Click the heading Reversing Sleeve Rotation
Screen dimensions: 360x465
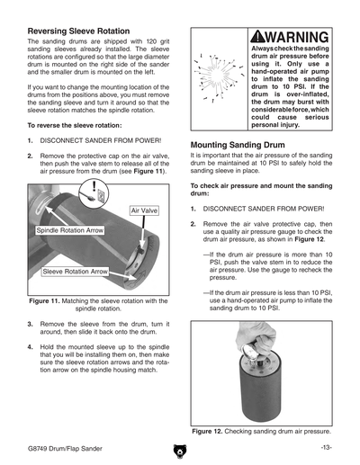[x=78, y=31]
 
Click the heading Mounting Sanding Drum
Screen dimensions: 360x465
[x=238, y=145]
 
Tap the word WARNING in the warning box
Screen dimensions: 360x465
[x=297, y=37]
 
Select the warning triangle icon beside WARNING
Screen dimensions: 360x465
[x=257, y=37]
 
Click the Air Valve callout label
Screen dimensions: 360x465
[x=144, y=210]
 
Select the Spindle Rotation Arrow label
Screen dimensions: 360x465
[x=70, y=230]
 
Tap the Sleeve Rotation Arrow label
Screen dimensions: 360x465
[x=75, y=272]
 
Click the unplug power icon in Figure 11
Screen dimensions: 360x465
[x=94, y=193]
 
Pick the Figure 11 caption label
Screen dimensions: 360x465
[x=44, y=301]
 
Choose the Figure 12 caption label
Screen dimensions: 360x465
[x=207, y=432]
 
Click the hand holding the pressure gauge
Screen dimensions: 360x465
[x=256, y=338]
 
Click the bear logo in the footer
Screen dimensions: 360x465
[x=180, y=452]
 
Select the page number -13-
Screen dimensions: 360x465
[x=326, y=448]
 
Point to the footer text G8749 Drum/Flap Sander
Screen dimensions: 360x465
[x=65, y=449]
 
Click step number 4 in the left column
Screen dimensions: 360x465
[x=30, y=347]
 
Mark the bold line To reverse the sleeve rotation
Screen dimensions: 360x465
[x=75, y=126]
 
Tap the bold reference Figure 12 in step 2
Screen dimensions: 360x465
[x=309, y=239]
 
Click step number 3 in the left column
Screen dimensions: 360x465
[x=30, y=325]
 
